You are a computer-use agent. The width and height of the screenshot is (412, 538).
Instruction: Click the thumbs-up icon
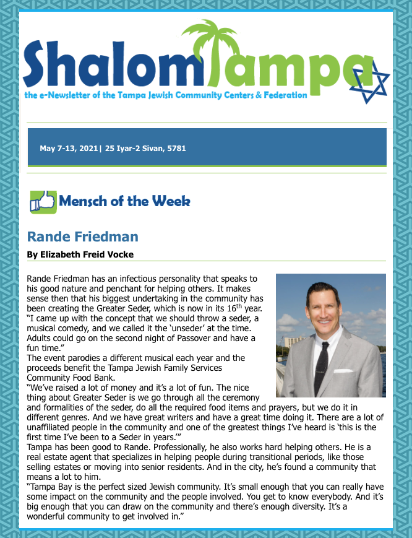pos(43,202)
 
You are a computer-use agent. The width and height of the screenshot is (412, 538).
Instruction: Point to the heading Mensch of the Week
pos(124,201)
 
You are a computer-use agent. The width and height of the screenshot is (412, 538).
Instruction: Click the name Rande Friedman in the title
pos(83,236)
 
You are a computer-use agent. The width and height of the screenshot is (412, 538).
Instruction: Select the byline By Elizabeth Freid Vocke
pos(80,254)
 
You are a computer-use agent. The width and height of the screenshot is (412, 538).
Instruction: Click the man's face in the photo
pos(325,308)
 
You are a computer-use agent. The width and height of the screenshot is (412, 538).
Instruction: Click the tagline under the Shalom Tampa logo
pos(166,95)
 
